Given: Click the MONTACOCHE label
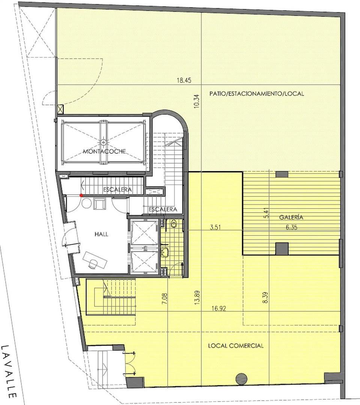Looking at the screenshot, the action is click(104, 151).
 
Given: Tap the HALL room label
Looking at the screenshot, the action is click(101, 234).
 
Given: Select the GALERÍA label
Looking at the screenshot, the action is click(291, 217).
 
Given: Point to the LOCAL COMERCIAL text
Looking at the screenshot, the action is click(236, 346).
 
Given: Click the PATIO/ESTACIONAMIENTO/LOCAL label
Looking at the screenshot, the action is click(257, 93).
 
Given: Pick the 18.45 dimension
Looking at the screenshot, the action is click(184, 80).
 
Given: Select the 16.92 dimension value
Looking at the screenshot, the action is click(219, 308).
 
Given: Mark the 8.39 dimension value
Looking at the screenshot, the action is click(266, 297).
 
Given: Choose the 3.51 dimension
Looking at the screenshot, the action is click(215, 228).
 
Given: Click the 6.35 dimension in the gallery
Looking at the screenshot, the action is click(292, 228).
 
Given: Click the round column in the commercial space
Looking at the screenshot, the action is click(241, 379).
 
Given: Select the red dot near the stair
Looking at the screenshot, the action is click(81, 195).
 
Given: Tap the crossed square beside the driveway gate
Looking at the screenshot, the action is click(60, 109).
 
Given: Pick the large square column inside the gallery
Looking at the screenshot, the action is click(282, 249).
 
